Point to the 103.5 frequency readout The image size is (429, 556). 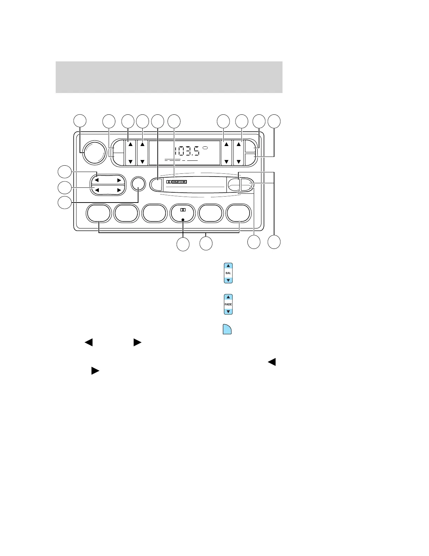[x=187, y=152]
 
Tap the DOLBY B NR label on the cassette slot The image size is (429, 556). [x=179, y=182]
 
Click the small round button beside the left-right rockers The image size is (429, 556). [x=138, y=183]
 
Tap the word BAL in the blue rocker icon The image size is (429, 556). [x=228, y=273]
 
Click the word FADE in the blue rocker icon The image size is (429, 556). [x=228, y=304]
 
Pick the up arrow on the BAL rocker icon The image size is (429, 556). [x=228, y=266]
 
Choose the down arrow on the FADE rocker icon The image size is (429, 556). [x=228, y=311]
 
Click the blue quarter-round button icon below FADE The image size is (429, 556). [x=227, y=329]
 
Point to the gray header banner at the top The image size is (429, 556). [x=169, y=77]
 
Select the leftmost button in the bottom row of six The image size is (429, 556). [x=98, y=213]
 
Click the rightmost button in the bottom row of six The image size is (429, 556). [x=239, y=213]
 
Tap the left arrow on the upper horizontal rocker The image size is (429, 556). [x=97, y=180]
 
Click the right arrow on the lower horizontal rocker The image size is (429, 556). [x=119, y=190]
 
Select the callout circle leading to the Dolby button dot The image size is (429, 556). [x=183, y=244]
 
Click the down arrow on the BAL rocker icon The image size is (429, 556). [x=228, y=280]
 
